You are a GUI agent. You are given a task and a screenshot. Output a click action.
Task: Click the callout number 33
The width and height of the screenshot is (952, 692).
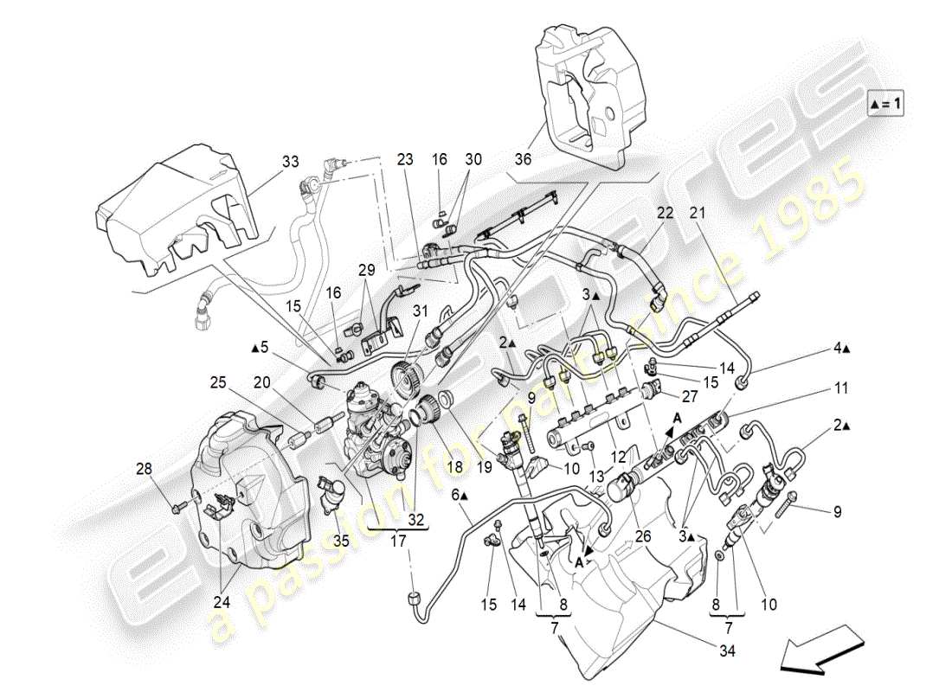289,162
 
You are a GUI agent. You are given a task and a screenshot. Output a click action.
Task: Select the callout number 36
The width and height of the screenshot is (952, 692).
547,159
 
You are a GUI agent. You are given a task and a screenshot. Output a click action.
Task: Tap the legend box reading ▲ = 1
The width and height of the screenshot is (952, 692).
885,104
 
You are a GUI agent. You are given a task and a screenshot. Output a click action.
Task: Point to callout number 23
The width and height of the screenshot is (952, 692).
406,159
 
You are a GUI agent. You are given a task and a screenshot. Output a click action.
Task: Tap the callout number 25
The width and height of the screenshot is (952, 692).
218,381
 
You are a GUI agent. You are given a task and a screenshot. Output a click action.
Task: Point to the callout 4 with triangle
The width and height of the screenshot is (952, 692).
843,349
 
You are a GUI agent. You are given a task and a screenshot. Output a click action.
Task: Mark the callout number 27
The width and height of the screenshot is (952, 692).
688,397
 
